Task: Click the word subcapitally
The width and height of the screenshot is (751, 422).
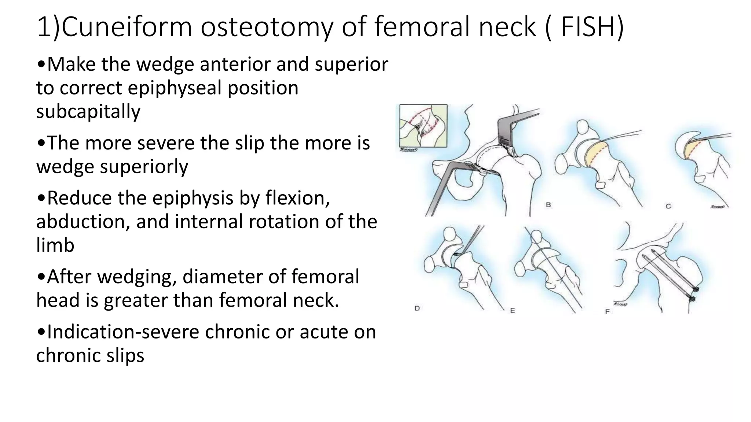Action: point(88,111)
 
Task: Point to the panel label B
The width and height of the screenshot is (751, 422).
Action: point(548,205)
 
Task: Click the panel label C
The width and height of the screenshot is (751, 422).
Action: point(668,206)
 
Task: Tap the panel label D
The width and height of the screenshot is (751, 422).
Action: point(417,308)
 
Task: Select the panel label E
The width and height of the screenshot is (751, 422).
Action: point(512,311)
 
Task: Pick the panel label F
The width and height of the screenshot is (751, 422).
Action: point(607,312)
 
